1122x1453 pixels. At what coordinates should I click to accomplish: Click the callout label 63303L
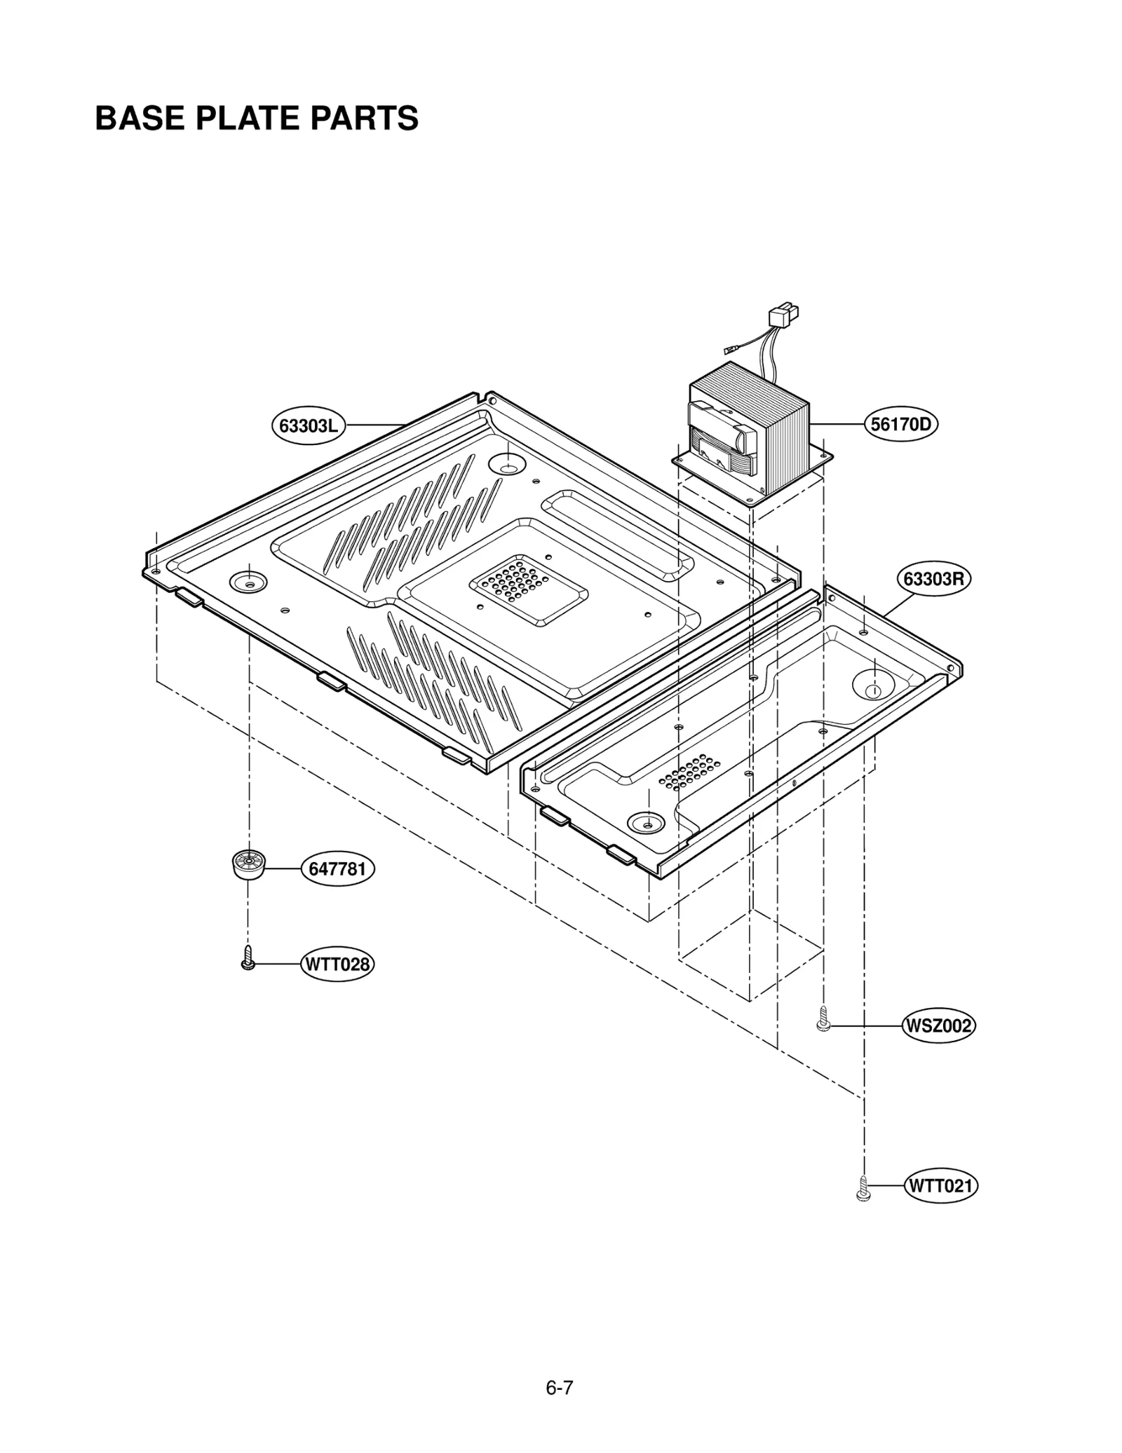tap(308, 425)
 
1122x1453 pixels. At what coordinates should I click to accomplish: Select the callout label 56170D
tap(900, 424)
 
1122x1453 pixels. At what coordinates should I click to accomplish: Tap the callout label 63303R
tap(933, 579)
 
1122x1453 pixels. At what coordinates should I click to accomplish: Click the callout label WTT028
tap(337, 964)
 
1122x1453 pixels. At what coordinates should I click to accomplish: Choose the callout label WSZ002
tap(938, 1026)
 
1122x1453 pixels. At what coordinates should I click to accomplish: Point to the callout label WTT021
tap(940, 1186)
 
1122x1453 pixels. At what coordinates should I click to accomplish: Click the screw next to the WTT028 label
tap(247, 958)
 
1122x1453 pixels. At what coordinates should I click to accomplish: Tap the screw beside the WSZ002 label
tap(824, 1019)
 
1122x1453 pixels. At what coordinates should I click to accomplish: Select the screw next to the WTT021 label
tap(863, 1189)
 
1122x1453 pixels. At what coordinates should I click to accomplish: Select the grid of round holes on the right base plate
tap(689, 772)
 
